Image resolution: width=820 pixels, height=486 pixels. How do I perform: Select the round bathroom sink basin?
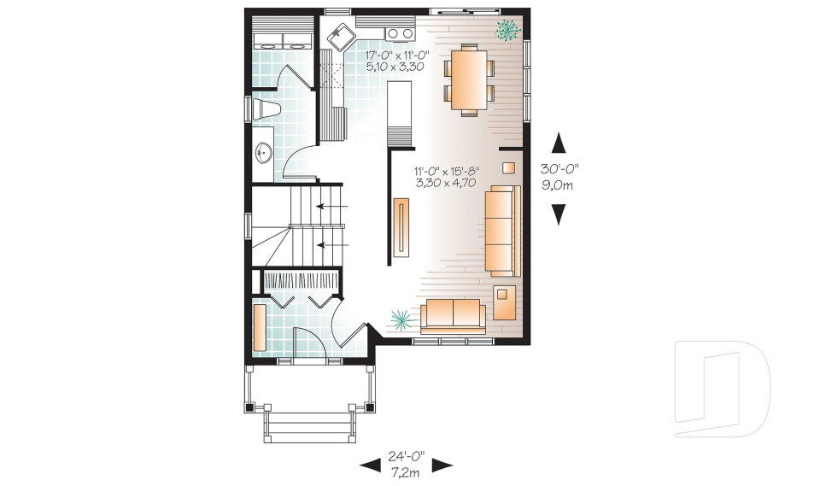263,154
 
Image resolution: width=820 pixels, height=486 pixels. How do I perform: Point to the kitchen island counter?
398,111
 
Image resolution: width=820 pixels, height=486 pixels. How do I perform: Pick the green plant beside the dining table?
508,32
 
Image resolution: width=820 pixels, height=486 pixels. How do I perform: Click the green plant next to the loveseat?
399,319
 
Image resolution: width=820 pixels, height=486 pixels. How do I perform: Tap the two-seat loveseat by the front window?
452,315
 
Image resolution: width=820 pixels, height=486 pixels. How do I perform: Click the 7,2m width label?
405,471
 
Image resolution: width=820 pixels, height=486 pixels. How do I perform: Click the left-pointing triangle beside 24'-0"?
369,466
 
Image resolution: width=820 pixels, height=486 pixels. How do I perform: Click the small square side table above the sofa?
508,167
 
